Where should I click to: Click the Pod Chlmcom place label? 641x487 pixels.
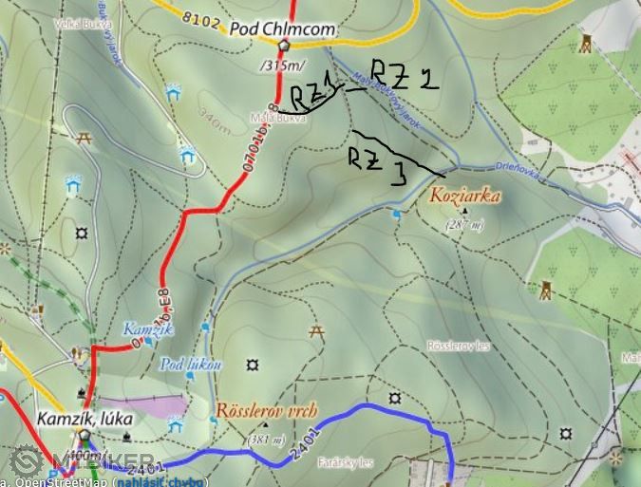coord(282,29)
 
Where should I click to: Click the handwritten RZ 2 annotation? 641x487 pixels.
coord(404,75)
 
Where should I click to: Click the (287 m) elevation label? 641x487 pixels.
coord(464,225)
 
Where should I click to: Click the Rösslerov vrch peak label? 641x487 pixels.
coord(267,413)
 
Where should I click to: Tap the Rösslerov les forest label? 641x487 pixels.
coord(460,347)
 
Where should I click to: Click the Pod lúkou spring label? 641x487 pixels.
coord(191,364)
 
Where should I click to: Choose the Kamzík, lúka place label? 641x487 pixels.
coord(85,418)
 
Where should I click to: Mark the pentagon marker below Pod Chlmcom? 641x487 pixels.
coord(283,46)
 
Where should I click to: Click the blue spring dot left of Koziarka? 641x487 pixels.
coord(396,215)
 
